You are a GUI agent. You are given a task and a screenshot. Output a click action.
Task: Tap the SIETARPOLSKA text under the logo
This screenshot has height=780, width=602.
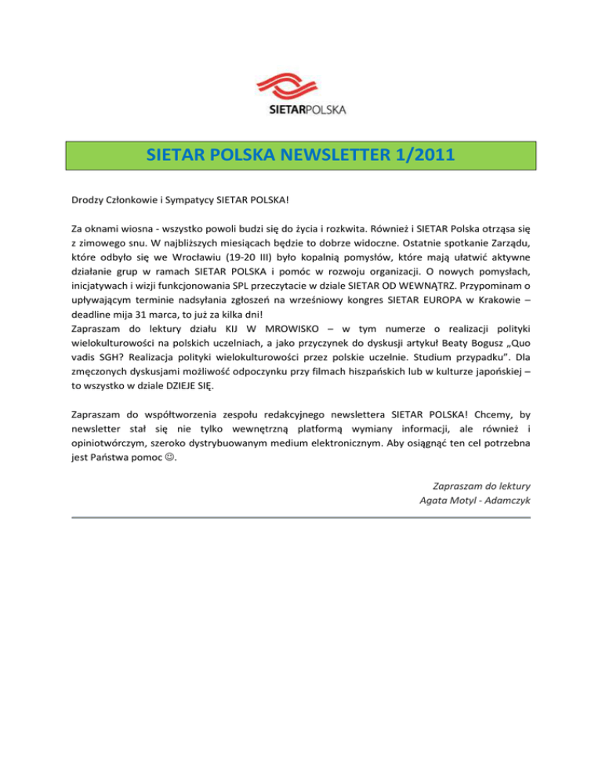click(301, 109)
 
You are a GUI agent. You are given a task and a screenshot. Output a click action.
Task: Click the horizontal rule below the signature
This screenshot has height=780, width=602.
click(301, 518)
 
